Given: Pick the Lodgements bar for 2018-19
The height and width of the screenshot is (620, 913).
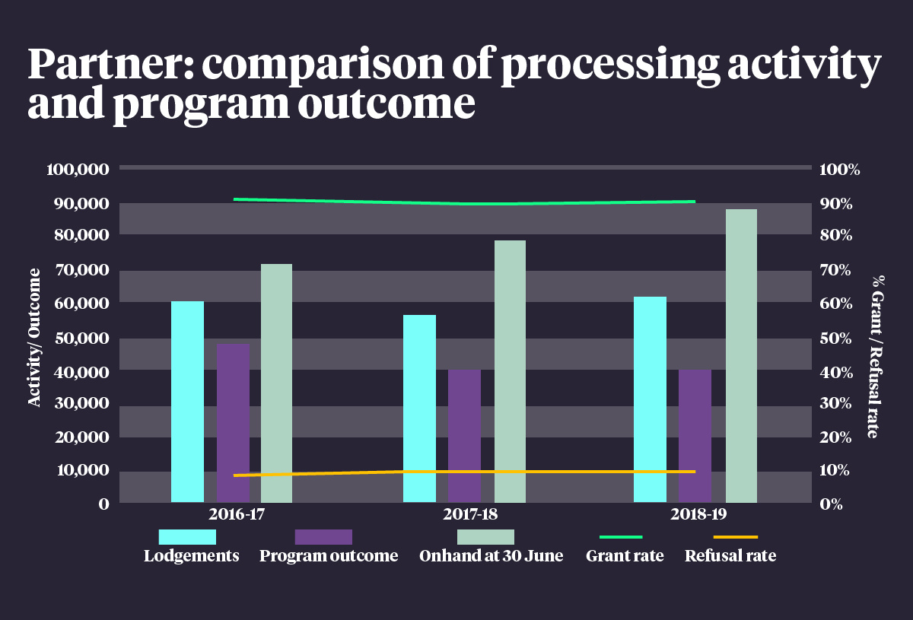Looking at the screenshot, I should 650,399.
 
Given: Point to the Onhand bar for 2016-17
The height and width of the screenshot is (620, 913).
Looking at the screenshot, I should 276,383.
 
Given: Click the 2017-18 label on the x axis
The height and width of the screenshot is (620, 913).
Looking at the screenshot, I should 470,514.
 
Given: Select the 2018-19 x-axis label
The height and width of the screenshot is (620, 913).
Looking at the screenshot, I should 698,514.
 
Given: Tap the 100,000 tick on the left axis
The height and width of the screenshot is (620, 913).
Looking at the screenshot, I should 78,169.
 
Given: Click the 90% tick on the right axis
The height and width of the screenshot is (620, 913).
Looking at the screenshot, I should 835,204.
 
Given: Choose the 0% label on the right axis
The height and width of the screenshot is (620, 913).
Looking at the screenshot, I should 831,504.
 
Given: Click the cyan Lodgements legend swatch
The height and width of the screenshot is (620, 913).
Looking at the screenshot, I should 187,537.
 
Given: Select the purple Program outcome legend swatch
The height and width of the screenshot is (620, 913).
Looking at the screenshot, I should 323,537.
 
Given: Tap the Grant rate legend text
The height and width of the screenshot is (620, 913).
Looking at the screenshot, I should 625,556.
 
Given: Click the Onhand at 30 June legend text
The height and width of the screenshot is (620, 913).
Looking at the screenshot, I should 491,556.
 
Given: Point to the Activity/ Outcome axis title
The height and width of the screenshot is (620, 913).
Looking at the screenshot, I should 35,337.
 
